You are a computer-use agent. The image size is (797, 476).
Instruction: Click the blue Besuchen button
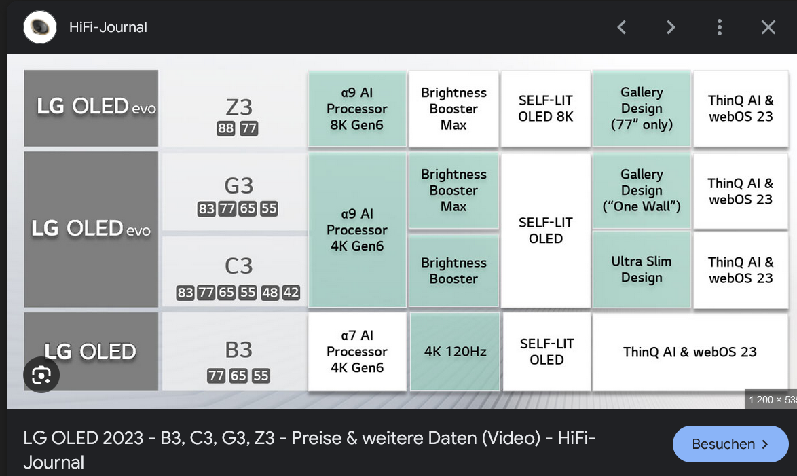(x=730, y=444)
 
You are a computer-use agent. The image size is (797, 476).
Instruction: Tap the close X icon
(x=768, y=27)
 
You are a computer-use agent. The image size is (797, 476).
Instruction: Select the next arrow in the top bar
(x=671, y=27)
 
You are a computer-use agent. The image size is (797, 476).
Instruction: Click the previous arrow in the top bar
(x=621, y=27)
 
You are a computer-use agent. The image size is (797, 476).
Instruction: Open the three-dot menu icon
(x=719, y=27)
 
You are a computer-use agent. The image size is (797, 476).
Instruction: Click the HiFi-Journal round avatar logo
(x=40, y=27)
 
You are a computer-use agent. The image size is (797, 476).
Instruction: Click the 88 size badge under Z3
(x=226, y=128)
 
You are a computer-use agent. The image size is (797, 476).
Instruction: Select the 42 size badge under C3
(x=291, y=293)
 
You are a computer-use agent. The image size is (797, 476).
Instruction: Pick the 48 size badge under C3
(x=270, y=293)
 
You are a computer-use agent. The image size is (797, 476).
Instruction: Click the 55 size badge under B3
(x=261, y=376)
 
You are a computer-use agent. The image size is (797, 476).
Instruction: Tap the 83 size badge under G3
(x=206, y=208)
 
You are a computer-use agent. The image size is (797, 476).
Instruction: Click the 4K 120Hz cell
(x=455, y=352)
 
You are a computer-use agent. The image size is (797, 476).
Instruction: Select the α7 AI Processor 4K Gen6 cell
(x=357, y=352)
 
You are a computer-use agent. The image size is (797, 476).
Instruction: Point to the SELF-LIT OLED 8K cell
(x=546, y=109)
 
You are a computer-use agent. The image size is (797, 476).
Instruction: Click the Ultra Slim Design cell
(x=642, y=270)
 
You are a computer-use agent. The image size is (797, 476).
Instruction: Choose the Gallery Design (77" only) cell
(x=642, y=109)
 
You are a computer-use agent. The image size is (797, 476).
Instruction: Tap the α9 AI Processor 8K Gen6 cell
(x=357, y=109)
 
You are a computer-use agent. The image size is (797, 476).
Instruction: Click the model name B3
(x=238, y=350)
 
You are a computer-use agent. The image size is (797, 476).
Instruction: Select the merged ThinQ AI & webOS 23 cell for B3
(x=690, y=352)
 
